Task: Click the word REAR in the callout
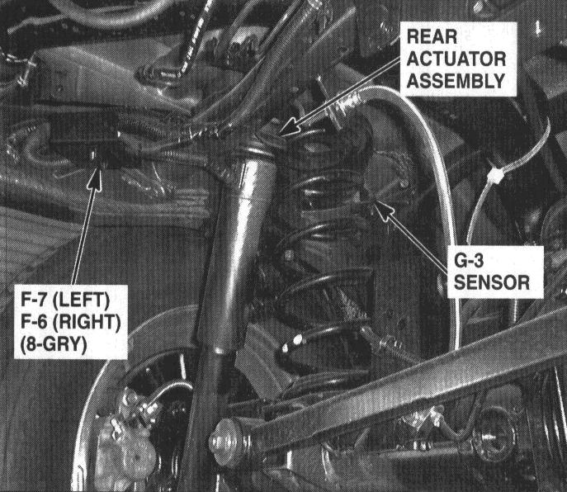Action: pyautogui.click(x=432, y=37)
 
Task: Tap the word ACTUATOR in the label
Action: pyautogui.click(x=456, y=59)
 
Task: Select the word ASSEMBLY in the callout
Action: pyautogui.click(x=456, y=81)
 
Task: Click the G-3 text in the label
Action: pyautogui.click(x=468, y=261)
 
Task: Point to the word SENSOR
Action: pyautogui.click(x=491, y=282)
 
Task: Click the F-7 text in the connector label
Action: pyautogui.click(x=34, y=300)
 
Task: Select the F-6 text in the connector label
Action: pyautogui.click(x=34, y=322)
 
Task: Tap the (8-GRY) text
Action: pyautogui.click(x=54, y=344)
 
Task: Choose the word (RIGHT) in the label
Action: pyautogui.click(x=87, y=322)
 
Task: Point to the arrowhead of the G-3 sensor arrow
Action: pyautogui.click(x=383, y=208)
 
